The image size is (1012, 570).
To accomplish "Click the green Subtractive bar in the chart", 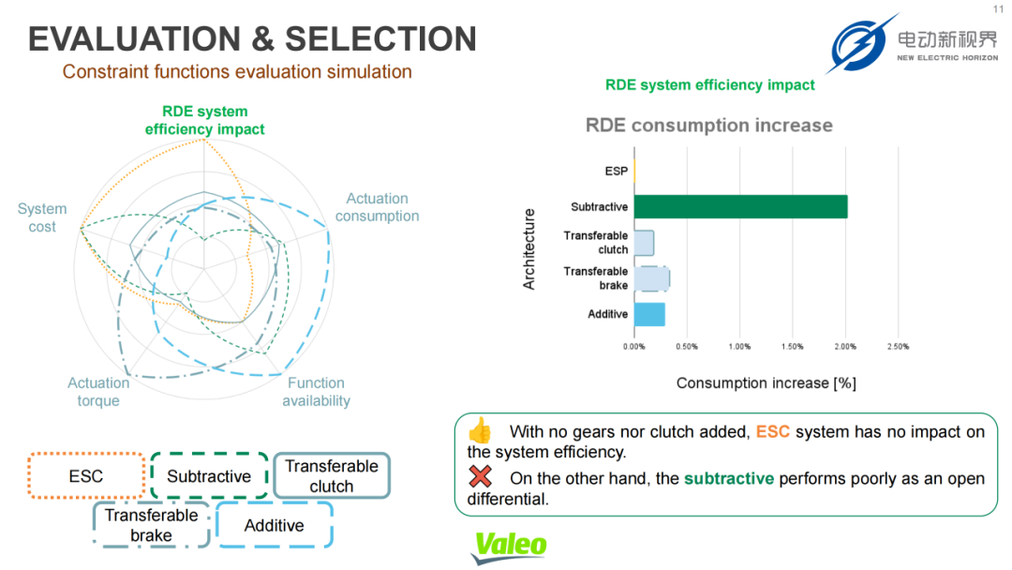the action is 740,206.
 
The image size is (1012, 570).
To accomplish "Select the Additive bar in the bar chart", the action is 649,314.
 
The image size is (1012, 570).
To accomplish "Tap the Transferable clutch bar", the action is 644,243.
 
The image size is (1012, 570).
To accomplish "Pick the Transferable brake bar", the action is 652,278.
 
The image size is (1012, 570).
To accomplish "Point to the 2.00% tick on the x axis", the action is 845,347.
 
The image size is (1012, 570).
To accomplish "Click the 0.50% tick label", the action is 687,347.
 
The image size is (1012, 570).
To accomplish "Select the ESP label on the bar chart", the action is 616,171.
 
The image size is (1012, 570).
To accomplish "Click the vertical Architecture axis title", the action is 529,249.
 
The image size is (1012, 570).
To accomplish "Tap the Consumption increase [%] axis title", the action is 766,383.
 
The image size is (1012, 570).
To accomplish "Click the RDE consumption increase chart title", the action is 708,126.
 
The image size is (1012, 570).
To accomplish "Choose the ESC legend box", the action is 86,475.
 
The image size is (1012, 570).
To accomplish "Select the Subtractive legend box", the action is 209,475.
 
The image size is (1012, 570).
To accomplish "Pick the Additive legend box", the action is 275,525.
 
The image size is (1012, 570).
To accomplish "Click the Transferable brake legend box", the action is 151,525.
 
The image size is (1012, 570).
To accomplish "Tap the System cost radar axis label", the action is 42,217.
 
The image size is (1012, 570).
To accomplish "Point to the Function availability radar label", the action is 317,392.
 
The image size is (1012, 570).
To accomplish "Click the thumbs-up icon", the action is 480,430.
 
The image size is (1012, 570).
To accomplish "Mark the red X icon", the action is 480,476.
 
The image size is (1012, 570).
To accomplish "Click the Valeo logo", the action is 510,547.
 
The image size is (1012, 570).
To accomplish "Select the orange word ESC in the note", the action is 772,432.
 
